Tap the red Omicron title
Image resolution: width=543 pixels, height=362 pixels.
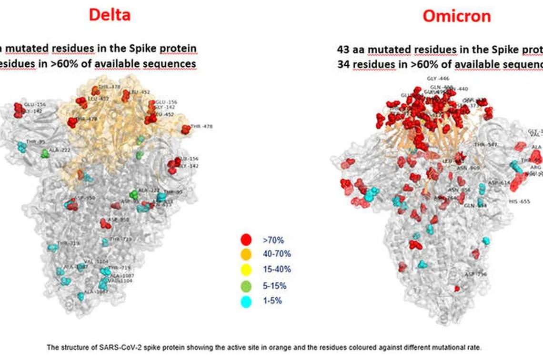click(457, 16)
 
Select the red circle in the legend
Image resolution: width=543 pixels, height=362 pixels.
click(246, 240)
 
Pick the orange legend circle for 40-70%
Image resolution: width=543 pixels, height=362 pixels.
click(246, 254)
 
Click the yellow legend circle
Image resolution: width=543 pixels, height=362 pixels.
click(246, 270)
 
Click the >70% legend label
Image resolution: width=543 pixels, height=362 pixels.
click(273, 240)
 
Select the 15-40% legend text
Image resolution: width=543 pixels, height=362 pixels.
click(276, 270)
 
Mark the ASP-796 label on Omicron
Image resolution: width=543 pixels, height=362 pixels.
click(475, 274)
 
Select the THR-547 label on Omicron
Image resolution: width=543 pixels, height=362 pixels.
click(485, 144)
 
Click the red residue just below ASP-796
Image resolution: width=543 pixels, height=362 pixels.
click(457, 288)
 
